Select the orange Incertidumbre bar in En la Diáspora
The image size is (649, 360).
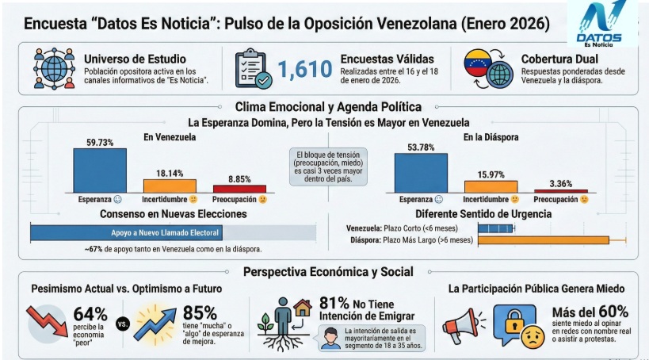pos(491,186)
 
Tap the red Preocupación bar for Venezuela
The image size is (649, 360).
pos(239,189)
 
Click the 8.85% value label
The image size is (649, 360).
pos(239,179)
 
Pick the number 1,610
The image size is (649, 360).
pos(304,70)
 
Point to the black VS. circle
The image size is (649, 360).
pos(122,324)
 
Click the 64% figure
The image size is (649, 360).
pos(90,312)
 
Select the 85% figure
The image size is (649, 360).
pos(200,312)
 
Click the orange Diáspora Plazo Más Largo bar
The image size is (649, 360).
pos(543,239)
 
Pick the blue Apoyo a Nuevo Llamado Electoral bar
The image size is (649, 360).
pos(126,233)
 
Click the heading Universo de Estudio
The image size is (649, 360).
pos(135,59)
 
